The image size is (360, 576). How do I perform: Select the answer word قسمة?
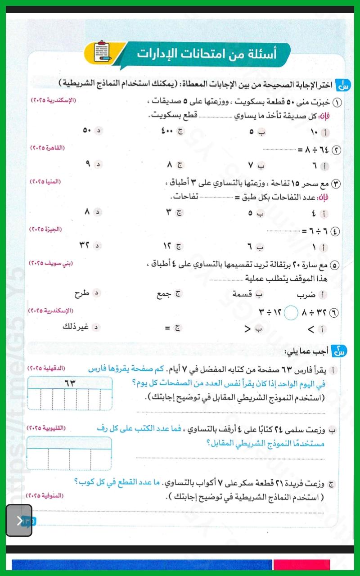click(243, 294)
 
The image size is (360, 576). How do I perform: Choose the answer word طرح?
click(82, 294)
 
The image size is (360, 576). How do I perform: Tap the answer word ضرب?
click(307, 295)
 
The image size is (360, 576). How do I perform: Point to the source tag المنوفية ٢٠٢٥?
click(45, 495)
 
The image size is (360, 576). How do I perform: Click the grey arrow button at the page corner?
click(19, 521)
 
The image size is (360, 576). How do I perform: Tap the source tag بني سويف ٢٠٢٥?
click(50, 262)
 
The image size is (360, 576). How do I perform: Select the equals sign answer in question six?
click(168, 328)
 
